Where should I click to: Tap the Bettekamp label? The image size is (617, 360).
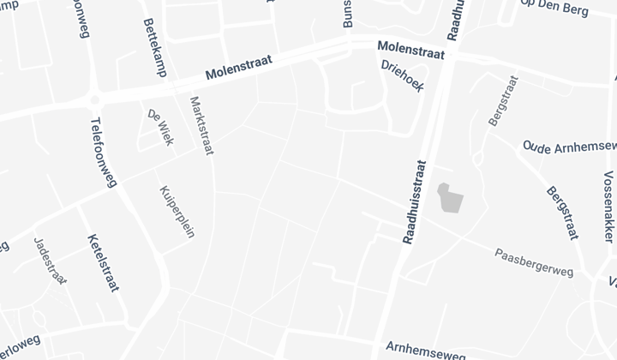tap(154, 47)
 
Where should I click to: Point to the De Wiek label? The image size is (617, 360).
tap(160, 127)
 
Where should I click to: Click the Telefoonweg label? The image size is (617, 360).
tap(102, 152)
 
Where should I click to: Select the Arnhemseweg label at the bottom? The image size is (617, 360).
tap(426, 349)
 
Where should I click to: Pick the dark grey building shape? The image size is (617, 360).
tap(450, 198)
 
